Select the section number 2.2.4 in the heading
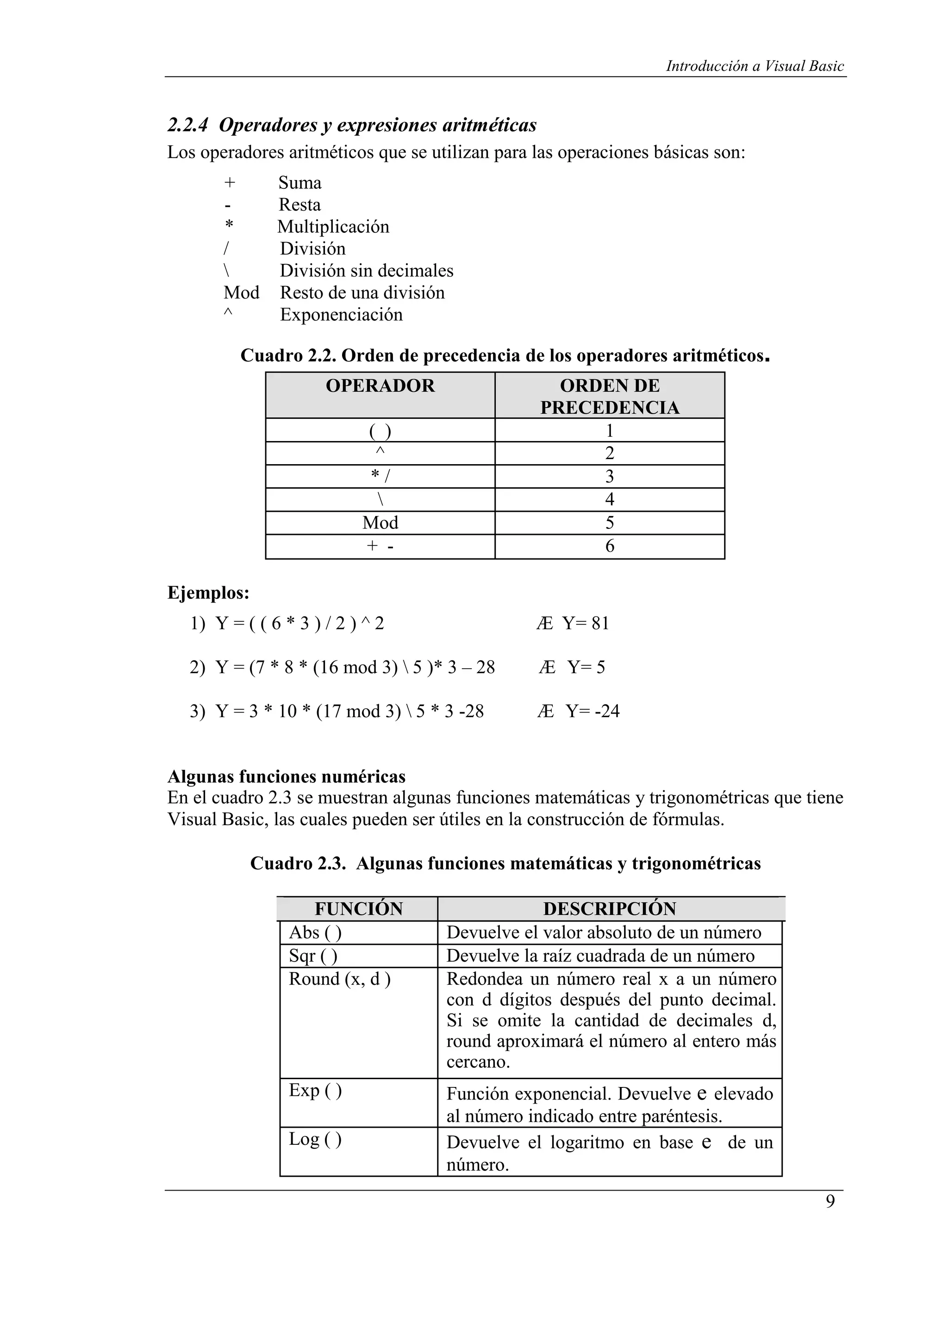[x=187, y=125]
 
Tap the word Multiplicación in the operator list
[x=333, y=227]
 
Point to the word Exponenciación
[x=341, y=315]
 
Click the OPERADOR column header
[x=380, y=386]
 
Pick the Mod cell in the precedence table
[x=380, y=523]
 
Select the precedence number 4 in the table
[x=609, y=499]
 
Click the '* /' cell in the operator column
[x=380, y=477]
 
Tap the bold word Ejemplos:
[x=208, y=593]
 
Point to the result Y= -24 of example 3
[x=592, y=711]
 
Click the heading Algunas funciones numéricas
[x=286, y=777]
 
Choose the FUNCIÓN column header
[x=359, y=909]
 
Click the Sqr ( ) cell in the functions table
[x=313, y=956]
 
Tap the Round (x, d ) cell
[x=339, y=979]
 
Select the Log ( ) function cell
[x=315, y=1139]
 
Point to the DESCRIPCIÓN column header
[x=609, y=909]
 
